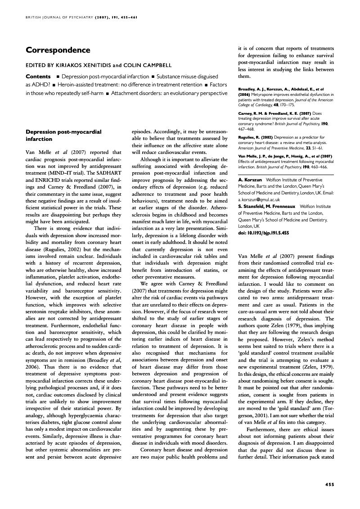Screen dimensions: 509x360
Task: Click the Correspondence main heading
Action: tap(58, 50)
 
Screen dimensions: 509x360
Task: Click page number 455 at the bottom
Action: tap(329, 484)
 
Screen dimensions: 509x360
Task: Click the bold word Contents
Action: tap(38, 77)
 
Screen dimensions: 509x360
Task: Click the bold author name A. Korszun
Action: tap(250, 180)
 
